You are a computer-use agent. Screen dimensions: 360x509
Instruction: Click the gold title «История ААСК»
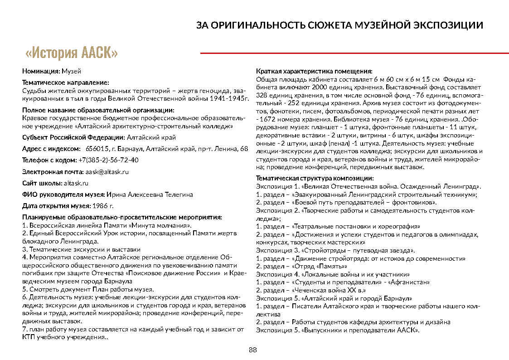[x=72, y=53]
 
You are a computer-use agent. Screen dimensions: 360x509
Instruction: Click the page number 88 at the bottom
[x=253, y=349]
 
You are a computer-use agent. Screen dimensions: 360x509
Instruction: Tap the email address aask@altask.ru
[x=107, y=172]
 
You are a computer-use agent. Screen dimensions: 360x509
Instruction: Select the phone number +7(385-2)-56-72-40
[x=108, y=160]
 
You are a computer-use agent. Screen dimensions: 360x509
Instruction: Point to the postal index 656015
[x=96, y=149]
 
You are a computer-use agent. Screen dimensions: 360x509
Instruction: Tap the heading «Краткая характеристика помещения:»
[x=314, y=72]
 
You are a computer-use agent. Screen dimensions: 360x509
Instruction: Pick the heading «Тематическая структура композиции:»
[x=315, y=178]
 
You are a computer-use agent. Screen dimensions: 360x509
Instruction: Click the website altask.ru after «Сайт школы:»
[x=76, y=183]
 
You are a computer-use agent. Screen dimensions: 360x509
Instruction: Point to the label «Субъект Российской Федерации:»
[x=73, y=137]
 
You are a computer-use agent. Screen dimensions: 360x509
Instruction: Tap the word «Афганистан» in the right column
[x=413, y=282]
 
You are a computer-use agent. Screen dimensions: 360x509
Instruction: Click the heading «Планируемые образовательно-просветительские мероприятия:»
[x=122, y=217]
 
